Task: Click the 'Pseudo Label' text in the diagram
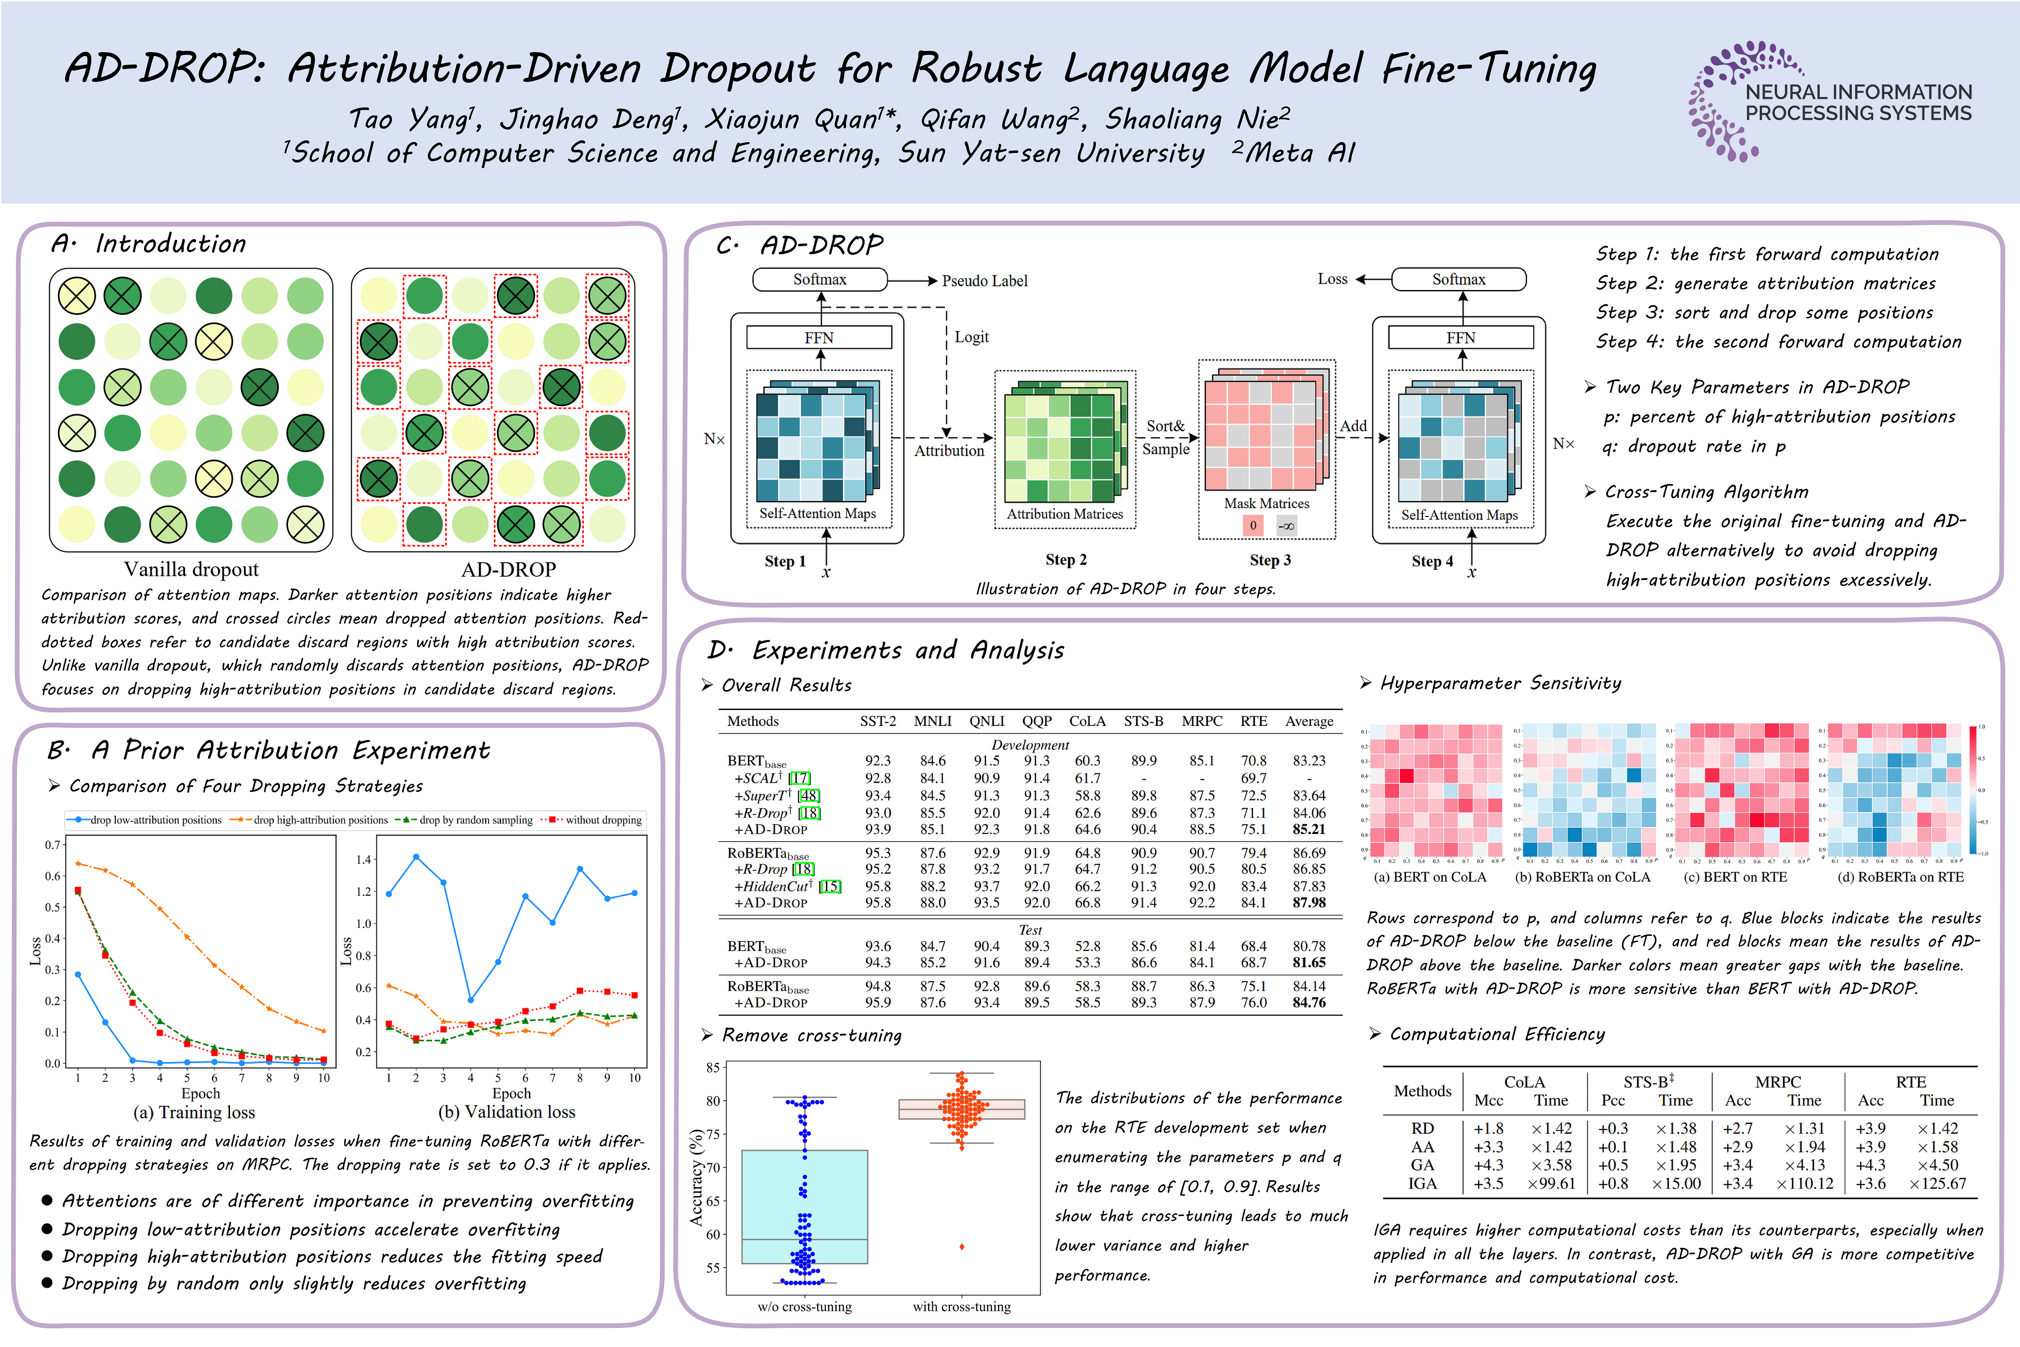pos(984,281)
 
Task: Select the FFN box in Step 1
pos(818,338)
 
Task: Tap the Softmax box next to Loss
pos(1458,279)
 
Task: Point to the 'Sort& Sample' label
pos(1165,437)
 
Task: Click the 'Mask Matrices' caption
pos(1266,503)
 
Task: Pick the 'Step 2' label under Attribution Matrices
pos(1066,560)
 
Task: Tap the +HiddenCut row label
pos(773,887)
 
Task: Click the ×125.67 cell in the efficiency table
pos(1938,1184)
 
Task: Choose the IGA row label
pos(1422,1184)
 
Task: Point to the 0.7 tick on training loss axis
pos(53,845)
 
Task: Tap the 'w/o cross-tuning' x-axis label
pos(805,1307)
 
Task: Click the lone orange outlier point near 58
pos(962,1246)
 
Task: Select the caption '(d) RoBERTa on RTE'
pos(1900,877)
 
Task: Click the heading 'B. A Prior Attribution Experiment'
pos(268,751)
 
